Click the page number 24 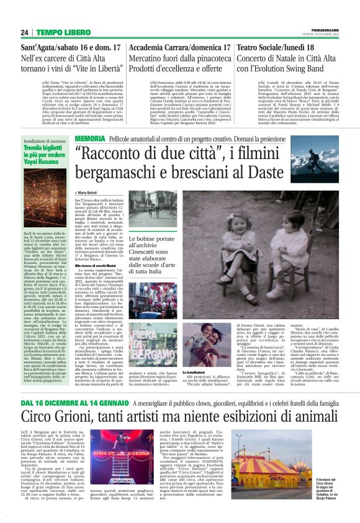(25, 32)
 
